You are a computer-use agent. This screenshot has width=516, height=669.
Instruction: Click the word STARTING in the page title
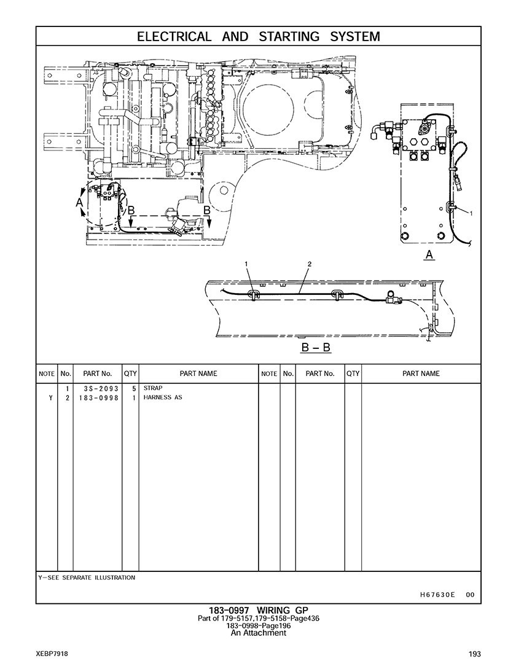pyautogui.click(x=289, y=37)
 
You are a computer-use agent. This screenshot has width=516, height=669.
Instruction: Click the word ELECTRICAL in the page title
pyautogui.click(x=174, y=37)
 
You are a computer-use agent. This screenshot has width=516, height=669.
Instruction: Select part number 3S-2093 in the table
pyautogui.click(x=98, y=389)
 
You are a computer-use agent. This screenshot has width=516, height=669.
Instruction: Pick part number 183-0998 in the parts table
pyautogui.click(x=96, y=397)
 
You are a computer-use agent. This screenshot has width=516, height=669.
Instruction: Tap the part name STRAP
pyautogui.click(x=153, y=388)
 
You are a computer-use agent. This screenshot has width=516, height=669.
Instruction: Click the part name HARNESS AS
pyautogui.click(x=163, y=397)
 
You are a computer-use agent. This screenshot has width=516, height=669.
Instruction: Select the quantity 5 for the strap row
pyautogui.click(x=134, y=389)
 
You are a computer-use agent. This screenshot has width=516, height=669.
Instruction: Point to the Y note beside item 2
pyautogui.click(x=50, y=397)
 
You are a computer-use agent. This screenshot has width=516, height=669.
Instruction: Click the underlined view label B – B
pyautogui.click(x=316, y=347)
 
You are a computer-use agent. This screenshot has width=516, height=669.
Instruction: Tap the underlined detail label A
pyautogui.click(x=429, y=255)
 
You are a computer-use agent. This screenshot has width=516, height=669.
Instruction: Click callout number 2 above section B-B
pyautogui.click(x=310, y=264)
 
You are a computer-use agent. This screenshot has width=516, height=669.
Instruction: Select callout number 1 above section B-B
pyautogui.click(x=246, y=264)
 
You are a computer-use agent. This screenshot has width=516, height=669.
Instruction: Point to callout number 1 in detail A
pyautogui.click(x=471, y=213)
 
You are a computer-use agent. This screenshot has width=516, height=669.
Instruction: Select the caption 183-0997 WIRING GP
pyautogui.click(x=258, y=611)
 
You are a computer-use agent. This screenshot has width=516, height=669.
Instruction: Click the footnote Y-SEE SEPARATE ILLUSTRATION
pyautogui.click(x=87, y=577)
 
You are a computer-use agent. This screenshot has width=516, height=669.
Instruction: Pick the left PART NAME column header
pyautogui.click(x=198, y=374)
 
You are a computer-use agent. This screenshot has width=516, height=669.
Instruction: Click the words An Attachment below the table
pyautogui.click(x=258, y=633)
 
